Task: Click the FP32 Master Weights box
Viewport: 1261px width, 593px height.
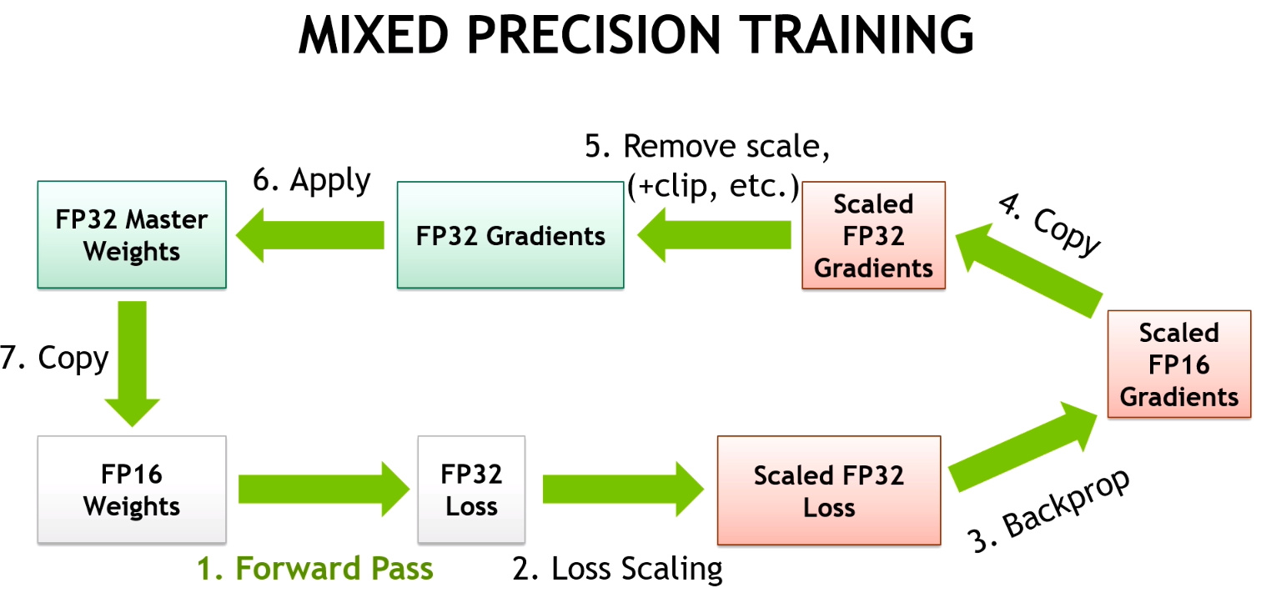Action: coord(132,235)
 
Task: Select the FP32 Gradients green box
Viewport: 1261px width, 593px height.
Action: coord(510,235)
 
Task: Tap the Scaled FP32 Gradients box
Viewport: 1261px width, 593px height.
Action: coord(873,235)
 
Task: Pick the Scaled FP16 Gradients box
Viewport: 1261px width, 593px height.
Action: coord(1178,364)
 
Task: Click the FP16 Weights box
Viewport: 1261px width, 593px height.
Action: coord(132,490)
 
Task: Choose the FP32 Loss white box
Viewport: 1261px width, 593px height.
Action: coord(471,490)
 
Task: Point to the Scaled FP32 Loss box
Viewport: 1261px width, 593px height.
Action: coord(828,490)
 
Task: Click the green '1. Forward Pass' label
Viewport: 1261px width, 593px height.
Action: coord(315,569)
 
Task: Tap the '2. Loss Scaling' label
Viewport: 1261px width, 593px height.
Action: coord(617,569)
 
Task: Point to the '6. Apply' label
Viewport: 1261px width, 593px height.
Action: coord(311,181)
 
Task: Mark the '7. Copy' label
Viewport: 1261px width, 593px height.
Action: coord(54,359)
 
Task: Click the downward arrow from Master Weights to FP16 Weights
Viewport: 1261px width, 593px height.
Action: coord(132,363)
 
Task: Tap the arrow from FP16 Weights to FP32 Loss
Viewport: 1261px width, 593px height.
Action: coord(321,490)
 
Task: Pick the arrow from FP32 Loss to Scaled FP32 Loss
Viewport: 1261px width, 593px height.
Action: coord(621,490)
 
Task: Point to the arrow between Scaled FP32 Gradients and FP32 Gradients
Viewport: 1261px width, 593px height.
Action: coord(713,235)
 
